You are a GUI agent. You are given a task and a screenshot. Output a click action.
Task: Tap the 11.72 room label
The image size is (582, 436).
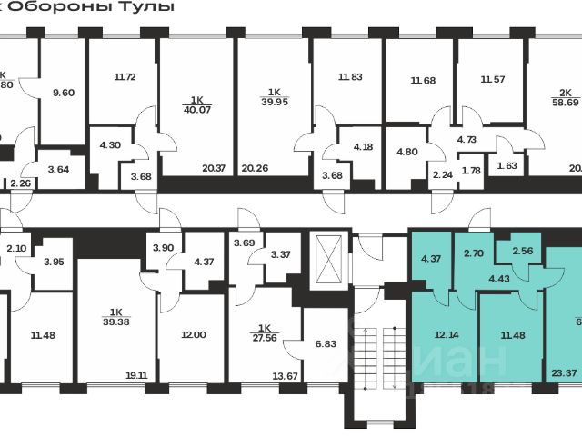125,77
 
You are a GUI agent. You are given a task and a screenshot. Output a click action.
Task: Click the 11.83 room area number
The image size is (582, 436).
348,77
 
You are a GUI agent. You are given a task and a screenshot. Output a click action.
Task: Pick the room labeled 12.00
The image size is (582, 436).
194,335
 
